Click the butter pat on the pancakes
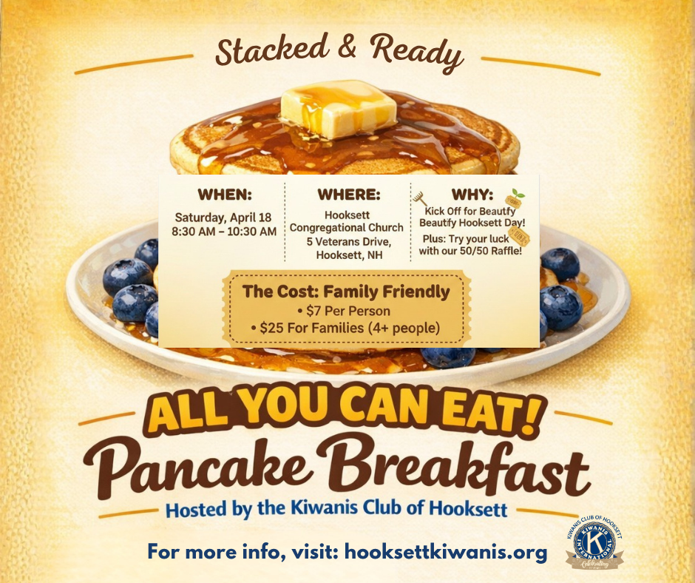coord(339,109)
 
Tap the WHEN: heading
coord(225,195)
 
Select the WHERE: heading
coord(348,195)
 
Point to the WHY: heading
coord(474,195)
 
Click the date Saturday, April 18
coord(224,218)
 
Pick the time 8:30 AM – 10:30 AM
coord(224,232)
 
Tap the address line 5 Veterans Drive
coord(347,241)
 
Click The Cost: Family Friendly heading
coord(346,291)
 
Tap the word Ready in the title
coord(418,53)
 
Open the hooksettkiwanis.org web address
coord(446,552)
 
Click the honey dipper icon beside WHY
coord(420,198)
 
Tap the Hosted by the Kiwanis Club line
coord(336,510)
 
